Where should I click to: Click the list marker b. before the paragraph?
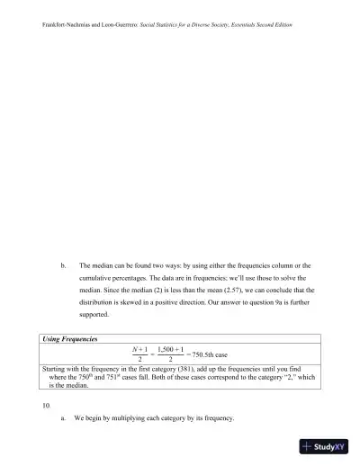[62, 266]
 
